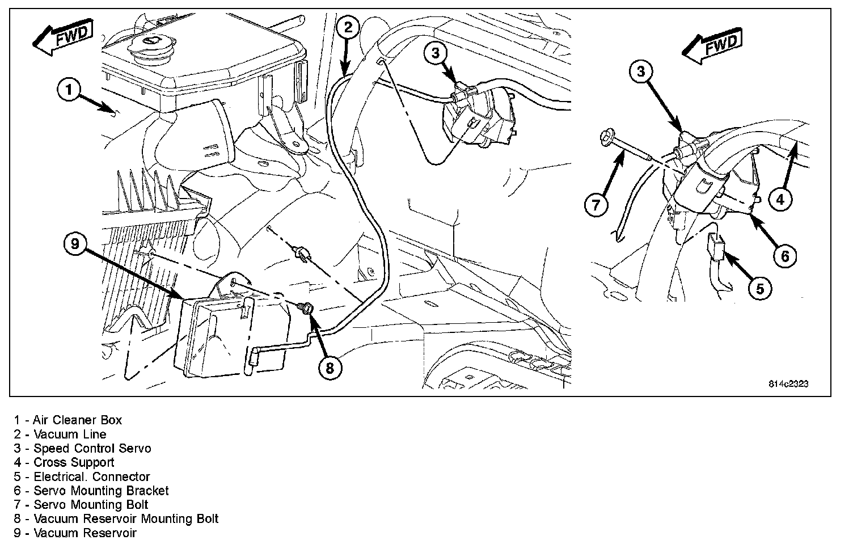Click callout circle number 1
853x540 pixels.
(x=69, y=90)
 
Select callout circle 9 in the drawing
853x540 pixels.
(x=75, y=244)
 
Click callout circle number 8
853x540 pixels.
(x=330, y=368)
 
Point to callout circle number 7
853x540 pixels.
(x=596, y=204)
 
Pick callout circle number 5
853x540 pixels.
(x=760, y=289)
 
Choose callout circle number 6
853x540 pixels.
(x=785, y=256)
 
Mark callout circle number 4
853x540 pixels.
(x=780, y=199)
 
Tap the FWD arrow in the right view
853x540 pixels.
(x=712, y=48)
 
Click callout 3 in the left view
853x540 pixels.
(x=435, y=54)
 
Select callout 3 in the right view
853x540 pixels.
(x=641, y=71)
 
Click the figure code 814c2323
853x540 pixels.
(x=788, y=384)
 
